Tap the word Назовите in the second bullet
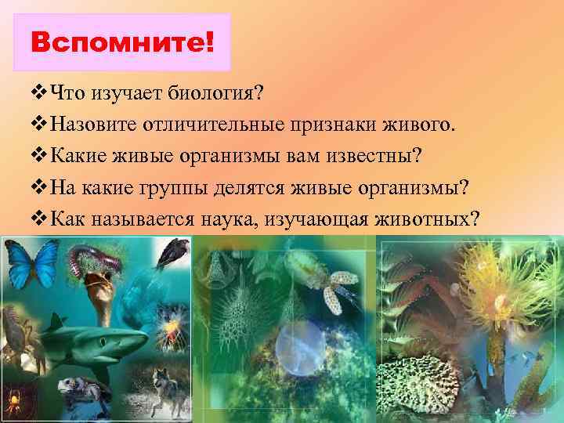(92, 125)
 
